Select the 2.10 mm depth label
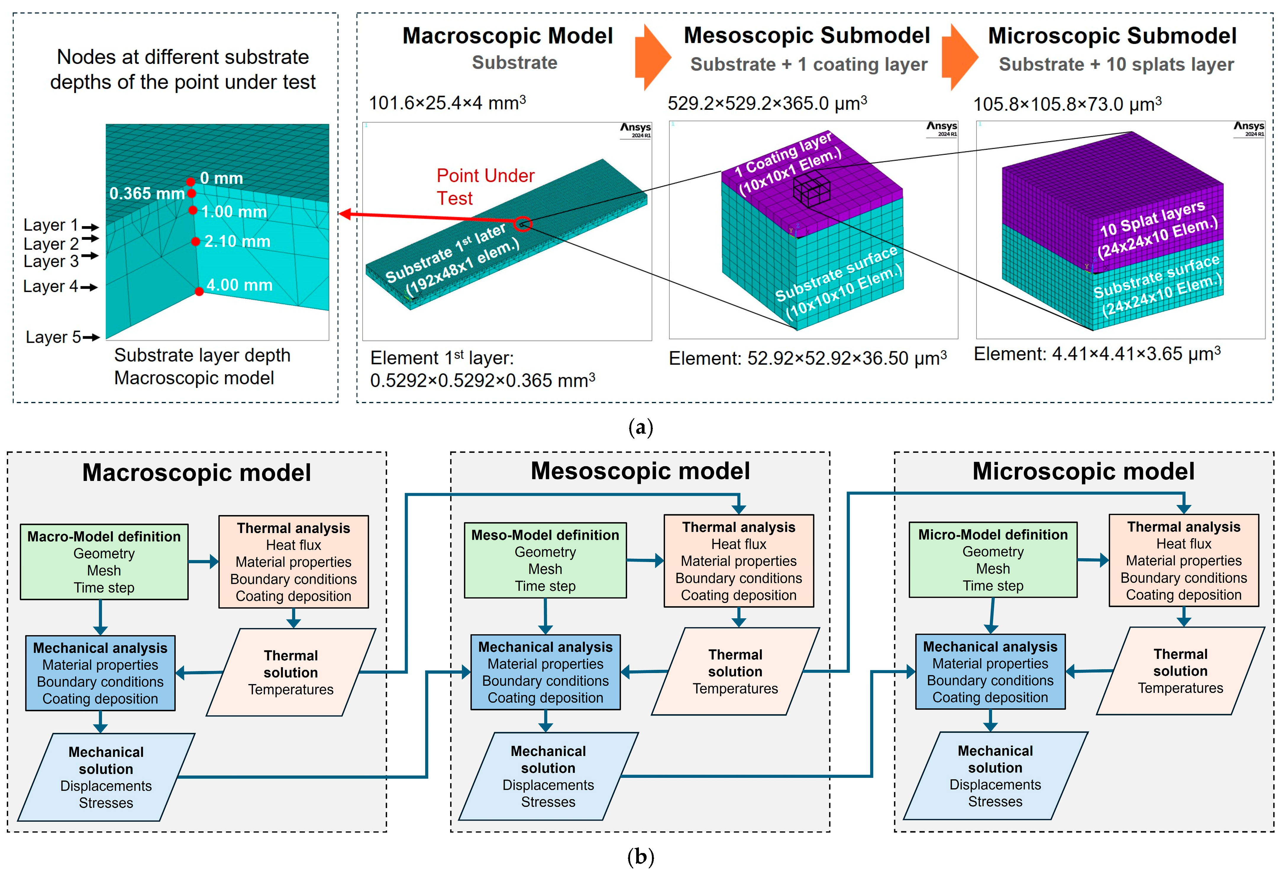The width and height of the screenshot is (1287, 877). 237,242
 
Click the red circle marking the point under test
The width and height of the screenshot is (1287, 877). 523,224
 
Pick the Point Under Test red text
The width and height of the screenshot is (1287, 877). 485,187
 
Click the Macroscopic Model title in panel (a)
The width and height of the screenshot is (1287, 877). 507,36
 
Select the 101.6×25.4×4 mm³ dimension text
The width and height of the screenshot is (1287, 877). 447,103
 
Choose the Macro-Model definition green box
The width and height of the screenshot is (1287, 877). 104,562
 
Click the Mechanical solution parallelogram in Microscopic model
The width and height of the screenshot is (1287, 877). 995,775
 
